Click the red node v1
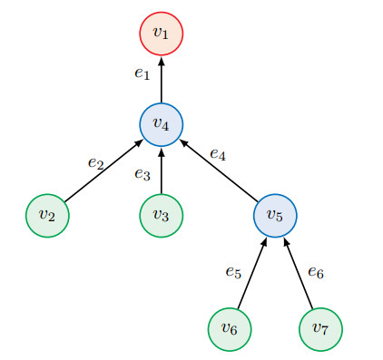[162, 34]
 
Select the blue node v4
[162, 124]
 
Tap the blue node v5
[275, 215]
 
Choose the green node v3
[162, 215]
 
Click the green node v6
[230, 328]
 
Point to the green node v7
[320, 328]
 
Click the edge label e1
[142, 74]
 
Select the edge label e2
[95, 162]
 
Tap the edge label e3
[142, 174]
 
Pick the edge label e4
[217, 155]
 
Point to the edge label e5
[233, 270]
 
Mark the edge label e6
[316, 270]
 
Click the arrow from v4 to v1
[162, 79]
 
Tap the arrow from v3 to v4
[162, 170]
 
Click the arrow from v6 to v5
[252, 272]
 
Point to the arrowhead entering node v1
[162, 60]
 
